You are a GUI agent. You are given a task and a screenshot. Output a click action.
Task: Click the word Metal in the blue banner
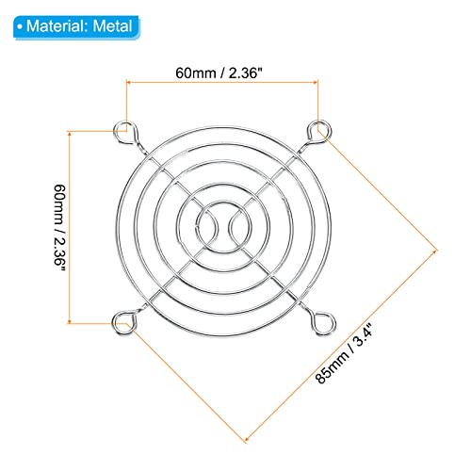[112, 26]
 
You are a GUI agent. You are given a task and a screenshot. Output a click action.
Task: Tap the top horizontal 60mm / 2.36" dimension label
[219, 73]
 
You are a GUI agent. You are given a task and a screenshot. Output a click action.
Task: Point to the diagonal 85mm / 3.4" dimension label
[344, 353]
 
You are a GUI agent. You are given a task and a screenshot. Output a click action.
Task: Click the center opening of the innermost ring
[224, 227]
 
